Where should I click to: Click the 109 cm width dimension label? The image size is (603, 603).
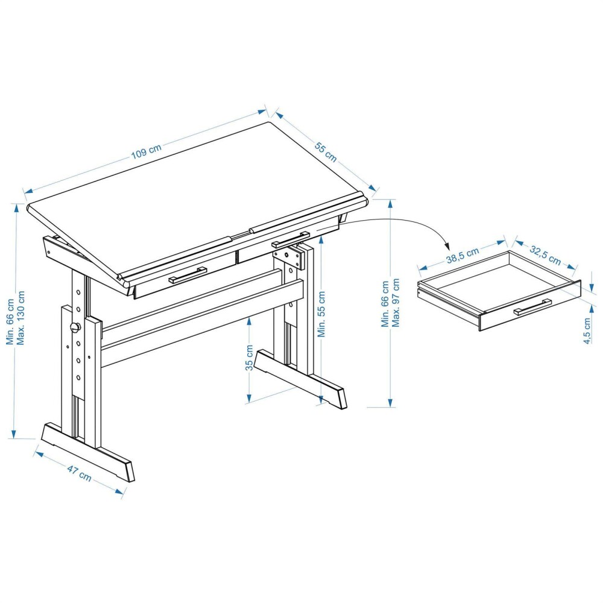[147, 151]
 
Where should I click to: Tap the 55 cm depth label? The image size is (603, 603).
[326, 152]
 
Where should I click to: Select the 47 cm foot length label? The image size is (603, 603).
[79, 473]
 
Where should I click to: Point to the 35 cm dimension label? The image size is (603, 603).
[250, 358]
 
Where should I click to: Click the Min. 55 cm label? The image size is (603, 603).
[321, 314]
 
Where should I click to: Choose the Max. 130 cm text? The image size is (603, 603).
[21, 318]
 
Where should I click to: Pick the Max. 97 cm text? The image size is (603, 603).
[396, 303]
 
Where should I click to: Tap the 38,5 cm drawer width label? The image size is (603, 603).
[463, 255]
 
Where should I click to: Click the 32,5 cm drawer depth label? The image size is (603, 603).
[545, 254]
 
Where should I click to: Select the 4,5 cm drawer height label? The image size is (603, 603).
[587, 330]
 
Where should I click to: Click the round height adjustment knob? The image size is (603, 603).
[75, 327]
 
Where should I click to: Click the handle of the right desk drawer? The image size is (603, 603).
[291, 239]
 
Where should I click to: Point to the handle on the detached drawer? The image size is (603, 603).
[532, 306]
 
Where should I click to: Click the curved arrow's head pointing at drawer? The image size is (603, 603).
[446, 245]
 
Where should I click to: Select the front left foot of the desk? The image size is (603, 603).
[88, 452]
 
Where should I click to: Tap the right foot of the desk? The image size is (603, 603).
[301, 379]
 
